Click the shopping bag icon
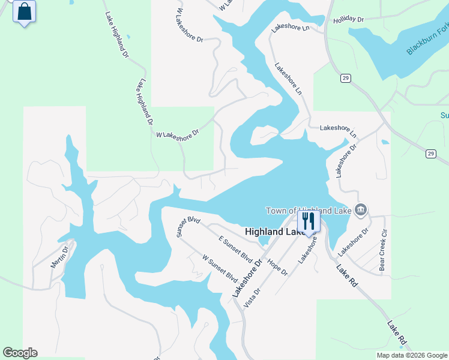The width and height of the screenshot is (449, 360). pos(24,12)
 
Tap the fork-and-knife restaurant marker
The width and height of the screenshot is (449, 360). pos(309,221)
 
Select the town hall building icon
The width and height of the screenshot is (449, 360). pos(361,209)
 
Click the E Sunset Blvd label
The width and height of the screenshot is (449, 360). pos(235,249)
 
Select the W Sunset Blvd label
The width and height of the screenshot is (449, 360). pos(220,268)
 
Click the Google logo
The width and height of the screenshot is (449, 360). pos(20,353)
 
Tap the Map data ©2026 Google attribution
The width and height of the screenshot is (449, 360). pos(412,355)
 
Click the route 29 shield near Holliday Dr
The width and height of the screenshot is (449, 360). pos(345,78)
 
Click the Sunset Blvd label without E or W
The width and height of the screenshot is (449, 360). pos(188,226)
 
